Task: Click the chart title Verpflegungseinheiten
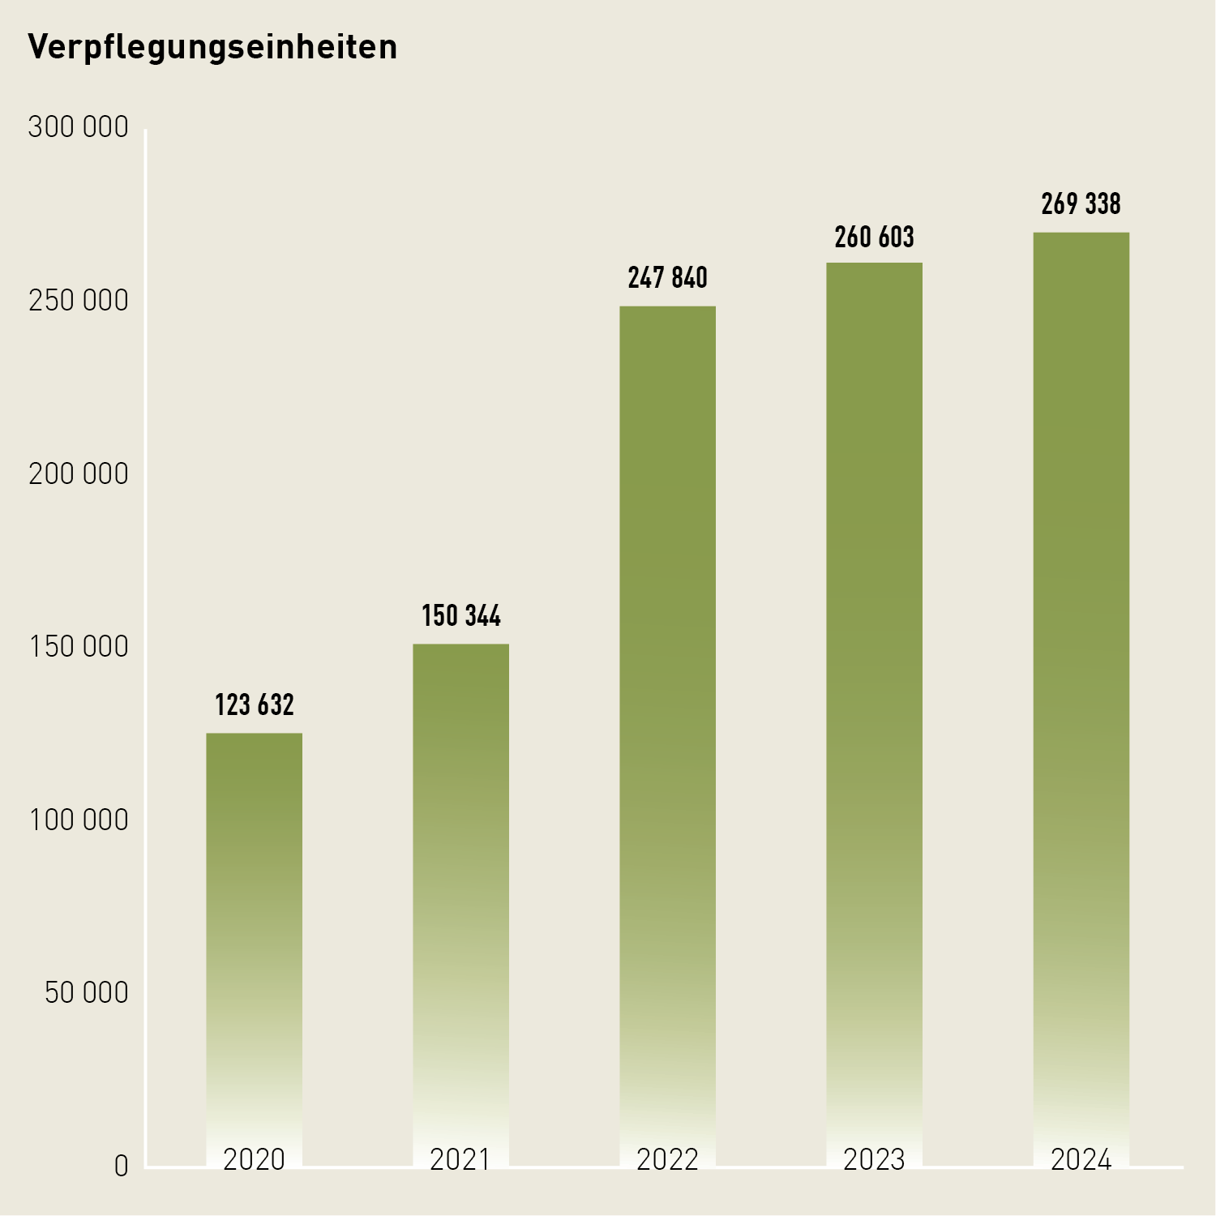point(212,47)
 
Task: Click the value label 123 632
point(254,705)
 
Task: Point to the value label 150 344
point(460,616)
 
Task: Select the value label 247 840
point(667,278)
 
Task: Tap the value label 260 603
point(874,238)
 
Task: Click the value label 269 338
point(1081,204)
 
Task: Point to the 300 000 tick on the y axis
point(78,127)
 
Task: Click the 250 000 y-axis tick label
point(78,301)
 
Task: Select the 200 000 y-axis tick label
point(78,474)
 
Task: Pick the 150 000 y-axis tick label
point(78,647)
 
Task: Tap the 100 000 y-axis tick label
point(78,820)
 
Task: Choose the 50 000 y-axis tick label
point(86,993)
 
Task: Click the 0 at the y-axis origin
point(121,1167)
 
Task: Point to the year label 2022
point(667,1160)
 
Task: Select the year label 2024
point(1081,1160)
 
